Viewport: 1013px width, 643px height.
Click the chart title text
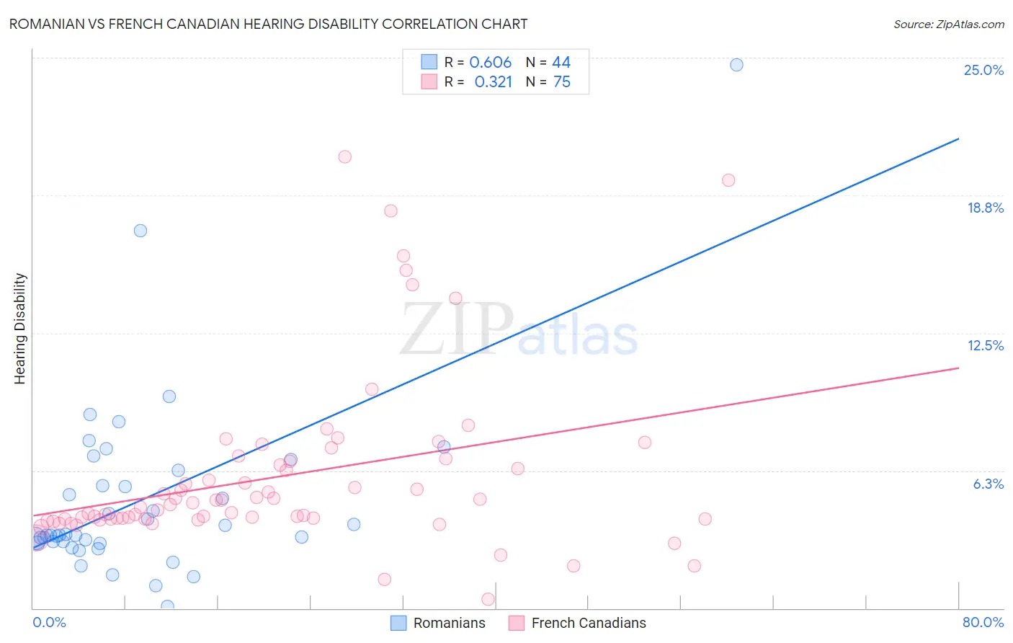pyautogui.click(x=268, y=24)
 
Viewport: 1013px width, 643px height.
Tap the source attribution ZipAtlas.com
pyautogui.click(x=948, y=24)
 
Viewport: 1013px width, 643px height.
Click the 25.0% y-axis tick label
pyautogui.click(x=983, y=70)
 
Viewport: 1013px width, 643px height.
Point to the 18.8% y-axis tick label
pyautogui.click(x=985, y=208)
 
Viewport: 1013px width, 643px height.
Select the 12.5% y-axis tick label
pyautogui.click(x=985, y=345)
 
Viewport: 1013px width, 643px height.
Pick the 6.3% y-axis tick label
pyautogui.click(x=988, y=484)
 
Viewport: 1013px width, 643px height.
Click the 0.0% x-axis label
pyautogui.click(x=49, y=622)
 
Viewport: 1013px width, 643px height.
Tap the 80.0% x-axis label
pyautogui.click(x=983, y=622)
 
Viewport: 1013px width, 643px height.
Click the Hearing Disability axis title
pyautogui.click(x=20, y=329)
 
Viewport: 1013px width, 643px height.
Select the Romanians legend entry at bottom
pyautogui.click(x=438, y=623)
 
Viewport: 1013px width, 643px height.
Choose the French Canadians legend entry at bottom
pyautogui.click(x=577, y=623)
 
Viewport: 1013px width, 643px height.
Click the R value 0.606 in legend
pyautogui.click(x=490, y=63)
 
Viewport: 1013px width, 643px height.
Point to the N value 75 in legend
pyautogui.click(x=561, y=82)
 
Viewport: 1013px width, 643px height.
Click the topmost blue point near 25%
pyautogui.click(x=736, y=65)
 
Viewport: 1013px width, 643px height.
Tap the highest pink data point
pyautogui.click(x=345, y=157)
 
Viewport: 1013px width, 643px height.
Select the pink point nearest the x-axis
pyautogui.click(x=488, y=599)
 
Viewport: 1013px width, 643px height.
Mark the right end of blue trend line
pyautogui.click(x=959, y=138)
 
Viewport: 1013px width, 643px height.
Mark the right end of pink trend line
pyautogui.click(x=959, y=368)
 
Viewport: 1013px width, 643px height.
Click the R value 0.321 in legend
pyautogui.click(x=493, y=82)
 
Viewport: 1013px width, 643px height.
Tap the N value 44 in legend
pyautogui.click(x=561, y=63)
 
